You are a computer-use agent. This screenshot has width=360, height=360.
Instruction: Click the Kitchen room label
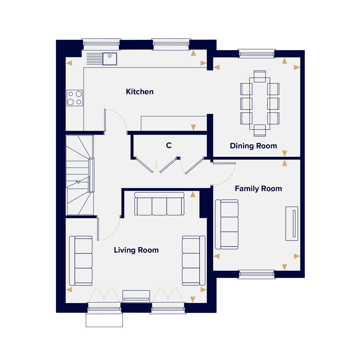[x=139, y=92]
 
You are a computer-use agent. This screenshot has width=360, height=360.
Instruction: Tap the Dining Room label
[x=253, y=146]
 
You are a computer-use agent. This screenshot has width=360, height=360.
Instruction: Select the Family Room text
[x=258, y=189]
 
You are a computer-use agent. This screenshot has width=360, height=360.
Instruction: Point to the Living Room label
[x=136, y=250]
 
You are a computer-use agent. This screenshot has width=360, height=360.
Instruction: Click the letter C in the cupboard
[x=169, y=145]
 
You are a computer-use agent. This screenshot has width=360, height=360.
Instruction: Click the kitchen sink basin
[x=110, y=59]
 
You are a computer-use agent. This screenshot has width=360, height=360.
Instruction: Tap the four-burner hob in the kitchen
[x=75, y=98]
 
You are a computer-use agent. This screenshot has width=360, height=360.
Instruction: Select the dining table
[x=260, y=103]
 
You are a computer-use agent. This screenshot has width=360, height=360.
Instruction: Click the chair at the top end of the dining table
[x=260, y=76]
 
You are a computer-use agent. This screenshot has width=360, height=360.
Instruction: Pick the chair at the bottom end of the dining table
[x=260, y=130]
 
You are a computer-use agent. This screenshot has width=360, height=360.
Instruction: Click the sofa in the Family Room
[x=226, y=224]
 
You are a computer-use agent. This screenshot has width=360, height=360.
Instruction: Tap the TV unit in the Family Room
[x=292, y=223]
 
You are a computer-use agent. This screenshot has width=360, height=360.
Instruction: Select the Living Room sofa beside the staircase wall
[x=81, y=261]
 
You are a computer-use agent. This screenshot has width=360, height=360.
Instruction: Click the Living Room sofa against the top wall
[x=159, y=204]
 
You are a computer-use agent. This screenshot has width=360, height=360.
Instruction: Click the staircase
[x=80, y=175]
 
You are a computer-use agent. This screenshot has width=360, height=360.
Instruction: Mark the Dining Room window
[x=256, y=54]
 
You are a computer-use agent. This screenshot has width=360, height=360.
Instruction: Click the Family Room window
[x=256, y=274]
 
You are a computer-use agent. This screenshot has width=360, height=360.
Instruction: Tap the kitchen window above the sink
[x=101, y=44]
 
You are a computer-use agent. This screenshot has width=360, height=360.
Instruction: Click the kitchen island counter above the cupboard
[x=174, y=124]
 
